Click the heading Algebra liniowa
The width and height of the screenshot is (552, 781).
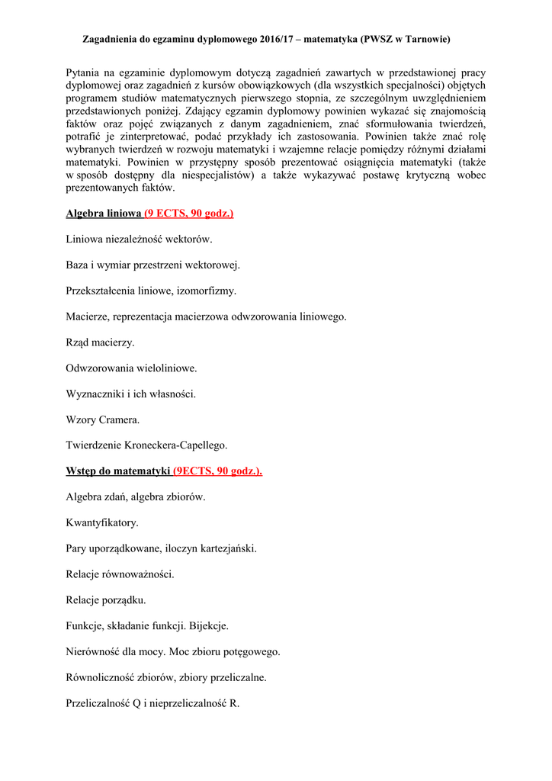[x=104, y=213]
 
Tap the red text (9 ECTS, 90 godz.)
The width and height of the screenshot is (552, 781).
[x=188, y=213]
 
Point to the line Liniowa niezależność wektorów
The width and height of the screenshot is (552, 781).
[x=140, y=239]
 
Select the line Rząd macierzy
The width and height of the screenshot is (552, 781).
[x=100, y=342]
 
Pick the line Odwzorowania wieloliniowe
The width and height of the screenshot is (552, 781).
[x=131, y=368]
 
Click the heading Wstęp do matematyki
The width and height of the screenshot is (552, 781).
[x=117, y=471]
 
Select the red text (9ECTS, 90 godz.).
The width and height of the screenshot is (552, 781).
[x=217, y=471]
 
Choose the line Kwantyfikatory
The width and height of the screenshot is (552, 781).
[x=102, y=522]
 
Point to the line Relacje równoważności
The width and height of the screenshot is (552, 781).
[x=120, y=574]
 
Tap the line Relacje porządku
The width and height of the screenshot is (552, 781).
[x=106, y=599]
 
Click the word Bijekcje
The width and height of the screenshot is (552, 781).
[x=208, y=625]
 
